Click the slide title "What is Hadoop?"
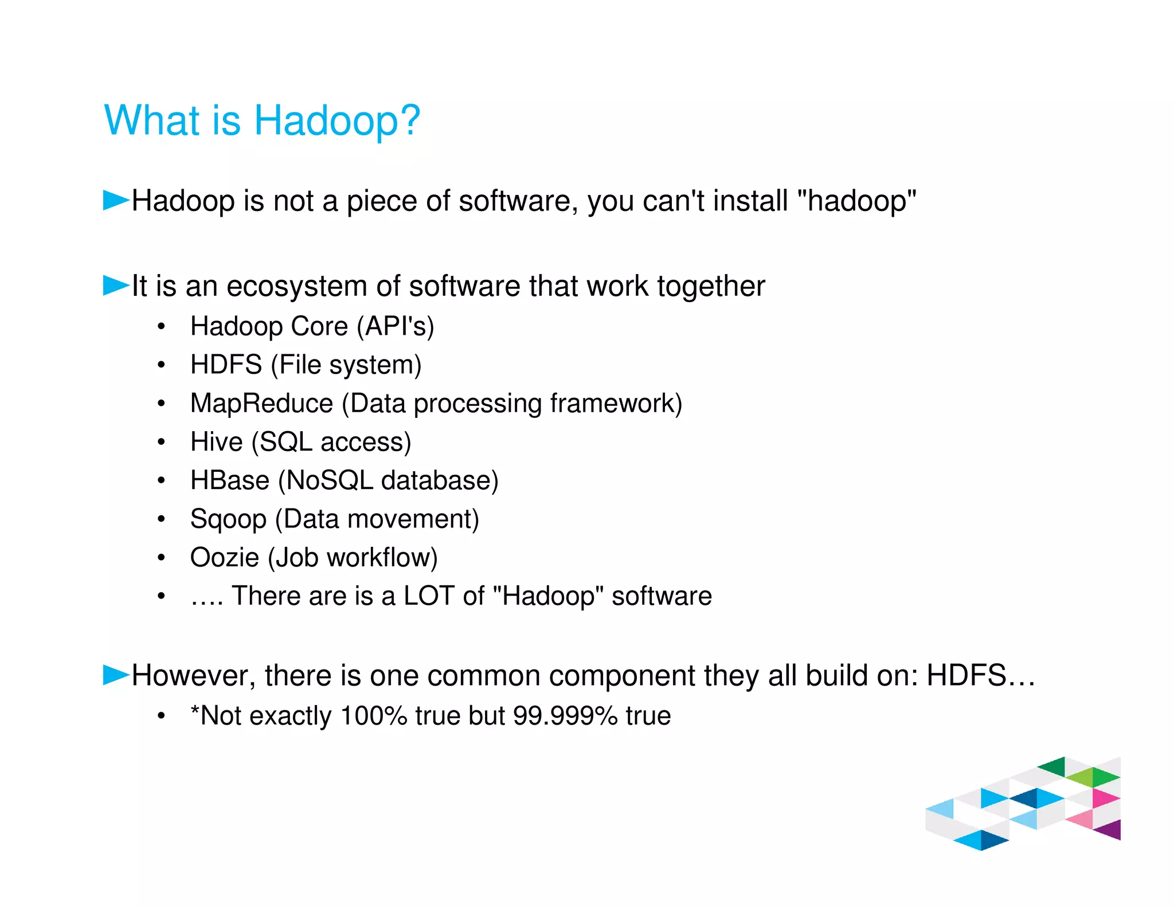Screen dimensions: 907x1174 coord(262,120)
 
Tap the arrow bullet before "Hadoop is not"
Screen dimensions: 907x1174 coord(116,201)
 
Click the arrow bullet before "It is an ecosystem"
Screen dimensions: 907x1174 coord(116,286)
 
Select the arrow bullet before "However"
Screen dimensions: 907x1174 coord(116,675)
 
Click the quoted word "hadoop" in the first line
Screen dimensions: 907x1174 coord(857,201)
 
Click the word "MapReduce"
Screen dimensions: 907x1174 coord(261,403)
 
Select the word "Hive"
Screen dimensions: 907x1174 coord(217,442)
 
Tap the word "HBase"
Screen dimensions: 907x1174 coord(229,480)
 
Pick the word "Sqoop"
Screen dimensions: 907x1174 coord(228,519)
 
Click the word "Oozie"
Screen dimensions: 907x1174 coord(224,557)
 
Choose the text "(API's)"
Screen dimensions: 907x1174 coord(395,326)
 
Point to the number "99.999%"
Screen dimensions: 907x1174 coord(565,716)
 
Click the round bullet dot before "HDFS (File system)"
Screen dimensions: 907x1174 coord(162,365)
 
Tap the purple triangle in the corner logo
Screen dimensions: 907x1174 coord(1110,830)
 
